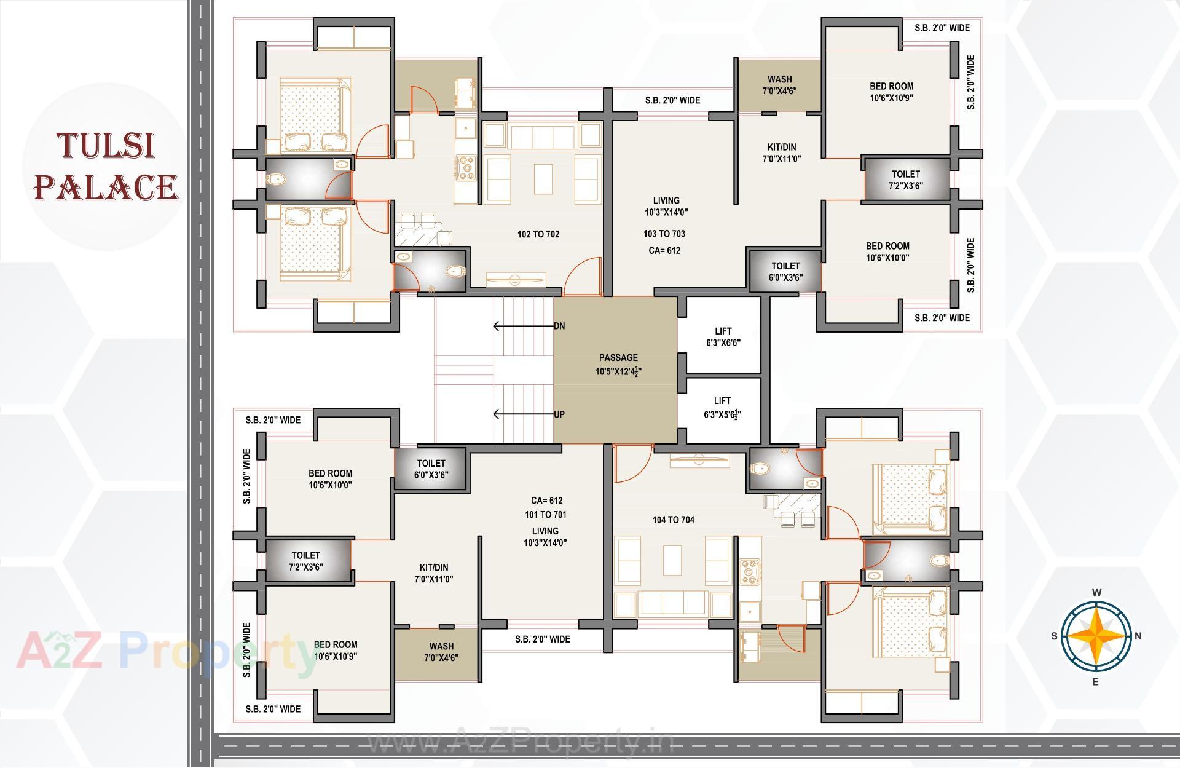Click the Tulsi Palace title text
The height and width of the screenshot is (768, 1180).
[x=106, y=167]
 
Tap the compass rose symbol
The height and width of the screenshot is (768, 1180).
[x=1096, y=636]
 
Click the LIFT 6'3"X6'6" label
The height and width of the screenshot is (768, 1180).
[x=723, y=336]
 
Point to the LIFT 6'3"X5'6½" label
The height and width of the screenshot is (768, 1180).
[x=722, y=408]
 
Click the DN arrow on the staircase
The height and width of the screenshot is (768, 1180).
[x=522, y=326]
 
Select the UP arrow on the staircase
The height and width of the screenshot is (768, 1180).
[x=522, y=414]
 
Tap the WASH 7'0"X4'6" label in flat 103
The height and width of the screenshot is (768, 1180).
[x=779, y=85]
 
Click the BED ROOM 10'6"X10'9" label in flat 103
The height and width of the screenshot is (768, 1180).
[x=891, y=92]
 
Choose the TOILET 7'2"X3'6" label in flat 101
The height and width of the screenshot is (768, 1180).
[x=306, y=561]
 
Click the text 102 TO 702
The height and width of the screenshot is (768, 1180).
[x=538, y=234]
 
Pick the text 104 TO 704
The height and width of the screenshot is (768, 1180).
[x=674, y=520]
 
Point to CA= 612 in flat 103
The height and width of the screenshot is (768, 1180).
[x=664, y=250]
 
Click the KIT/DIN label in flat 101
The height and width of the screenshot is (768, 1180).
[x=434, y=572]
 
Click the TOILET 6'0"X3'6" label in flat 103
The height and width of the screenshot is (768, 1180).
[x=785, y=271]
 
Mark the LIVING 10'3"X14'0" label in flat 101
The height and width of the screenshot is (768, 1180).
[x=545, y=536]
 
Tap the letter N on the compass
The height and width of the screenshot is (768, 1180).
[x=1138, y=636]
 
